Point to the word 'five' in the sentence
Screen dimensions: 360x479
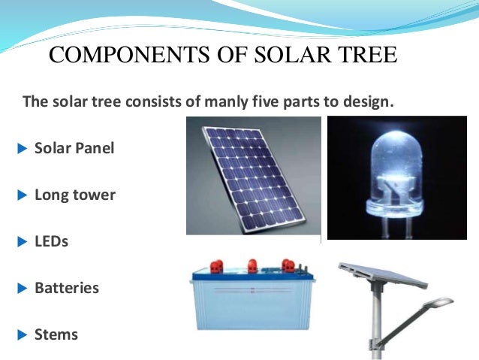pos(259,101)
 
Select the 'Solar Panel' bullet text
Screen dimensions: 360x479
pos(74,147)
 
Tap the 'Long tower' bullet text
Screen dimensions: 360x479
pos(75,195)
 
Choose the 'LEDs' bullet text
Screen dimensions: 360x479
pos(51,242)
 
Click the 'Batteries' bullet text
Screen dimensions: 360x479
pos(67,288)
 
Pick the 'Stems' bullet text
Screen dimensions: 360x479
pos(56,334)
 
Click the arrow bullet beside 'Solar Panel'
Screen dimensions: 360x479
pos(21,147)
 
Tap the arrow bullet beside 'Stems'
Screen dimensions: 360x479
pos(21,334)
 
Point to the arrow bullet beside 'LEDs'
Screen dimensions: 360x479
pos(21,242)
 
